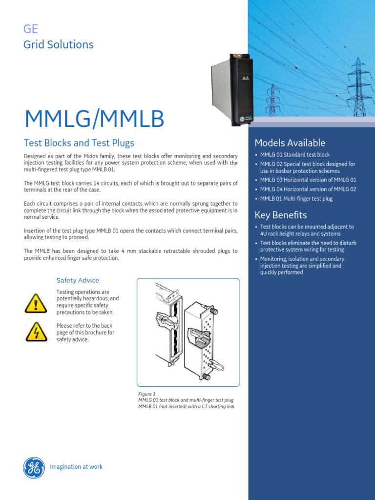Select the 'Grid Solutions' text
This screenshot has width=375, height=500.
pos(59,44)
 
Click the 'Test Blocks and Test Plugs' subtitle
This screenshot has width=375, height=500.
pos(79,143)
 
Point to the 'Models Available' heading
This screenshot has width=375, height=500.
pos(290,143)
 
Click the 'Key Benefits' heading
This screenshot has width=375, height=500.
pos(281,215)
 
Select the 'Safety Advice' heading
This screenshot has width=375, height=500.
pos(78,280)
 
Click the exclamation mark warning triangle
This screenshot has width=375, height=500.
pos(35,304)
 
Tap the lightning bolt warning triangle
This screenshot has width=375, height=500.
pos(35,332)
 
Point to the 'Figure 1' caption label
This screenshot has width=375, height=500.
pos(146,394)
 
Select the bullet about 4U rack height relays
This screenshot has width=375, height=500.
pos(307,230)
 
